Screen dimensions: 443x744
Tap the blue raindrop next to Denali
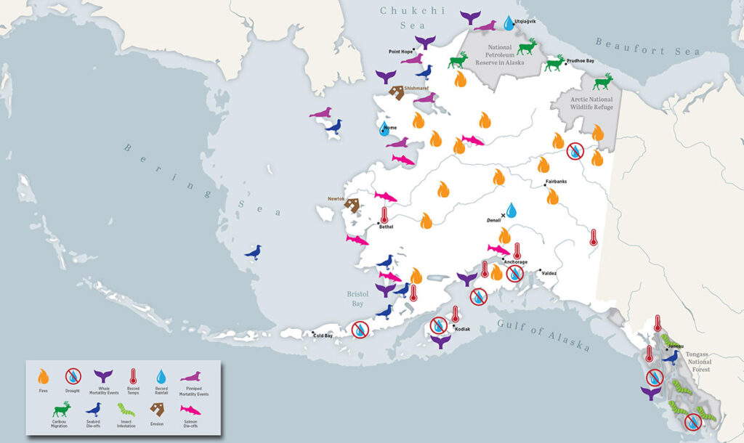[x=511, y=210]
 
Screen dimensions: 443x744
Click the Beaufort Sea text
[x=647, y=46]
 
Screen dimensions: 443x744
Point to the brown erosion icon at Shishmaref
[x=397, y=93]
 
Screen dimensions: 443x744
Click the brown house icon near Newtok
[x=352, y=206]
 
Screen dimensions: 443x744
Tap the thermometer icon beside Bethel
[x=384, y=215]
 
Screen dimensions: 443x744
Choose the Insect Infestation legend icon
[x=125, y=413]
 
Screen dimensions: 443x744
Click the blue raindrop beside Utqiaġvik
[x=509, y=23]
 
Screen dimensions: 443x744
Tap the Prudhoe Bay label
[x=581, y=62]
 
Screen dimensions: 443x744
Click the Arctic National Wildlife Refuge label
[x=592, y=103]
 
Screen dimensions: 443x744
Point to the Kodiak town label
[x=462, y=329]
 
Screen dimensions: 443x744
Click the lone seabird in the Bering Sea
[x=253, y=253]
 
